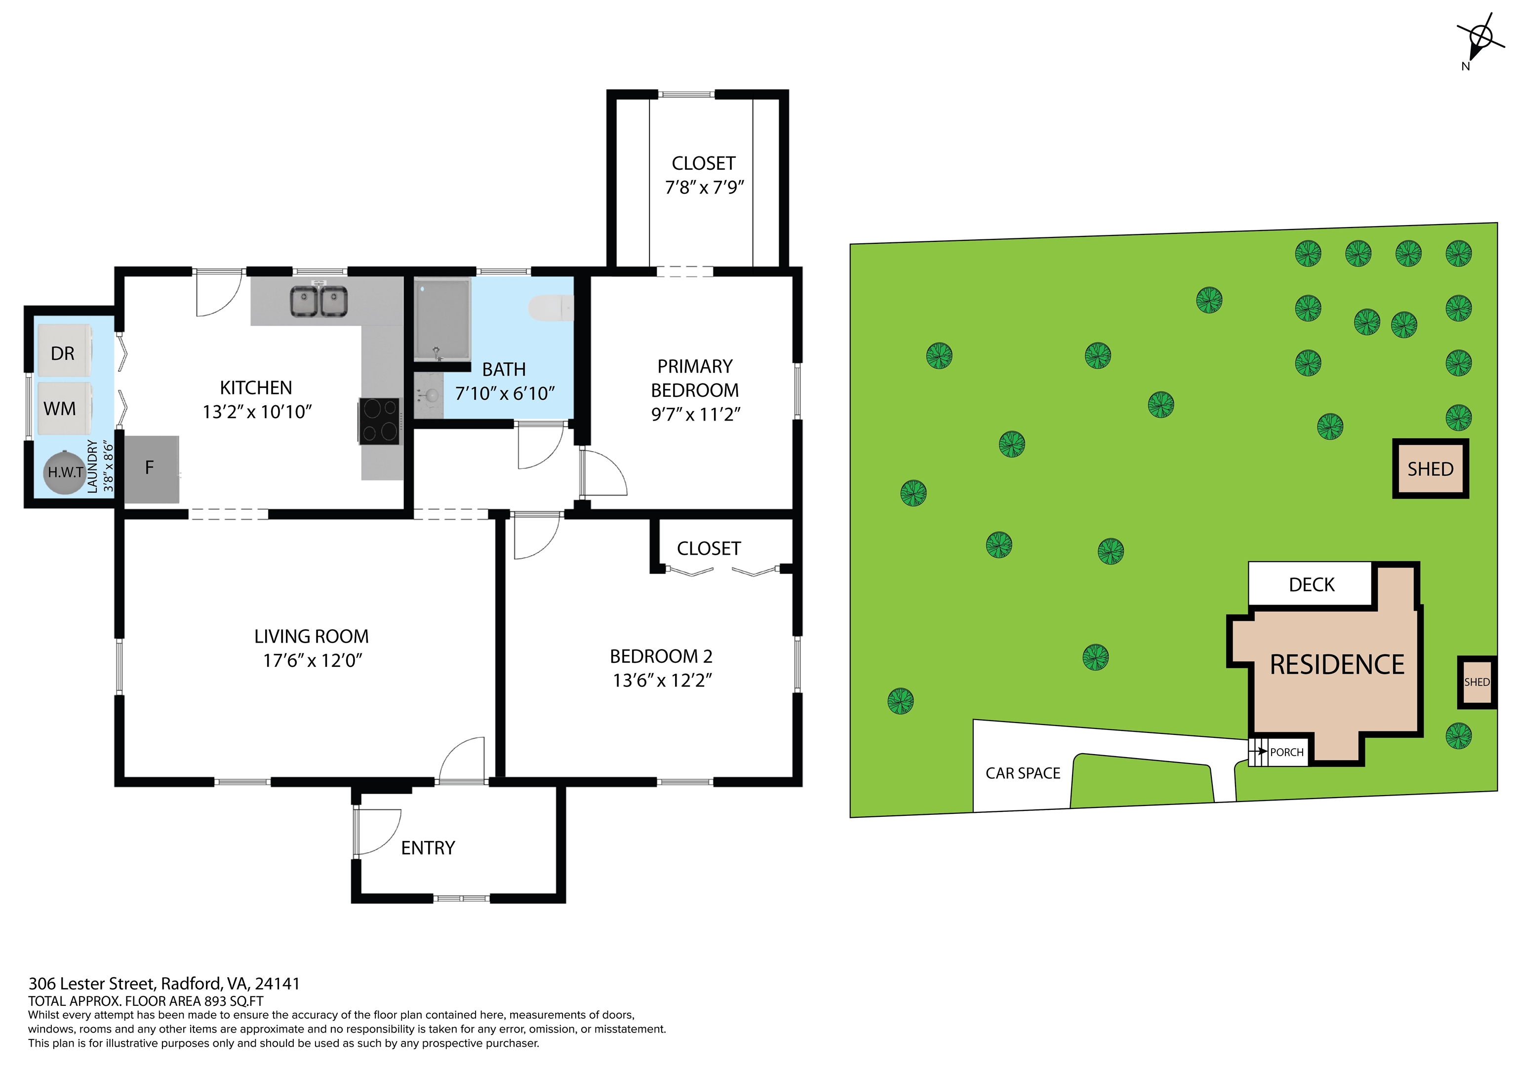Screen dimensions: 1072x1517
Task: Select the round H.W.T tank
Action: [65, 472]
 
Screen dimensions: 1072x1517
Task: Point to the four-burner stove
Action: [380, 420]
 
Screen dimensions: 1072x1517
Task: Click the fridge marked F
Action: [151, 468]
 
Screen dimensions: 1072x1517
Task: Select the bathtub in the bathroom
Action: [442, 319]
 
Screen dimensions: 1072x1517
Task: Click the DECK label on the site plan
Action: [1312, 584]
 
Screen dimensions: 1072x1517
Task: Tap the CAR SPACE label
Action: [1022, 773]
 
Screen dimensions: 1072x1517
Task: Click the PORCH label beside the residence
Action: [1286, 752]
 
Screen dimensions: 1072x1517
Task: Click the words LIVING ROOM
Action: [311, 636]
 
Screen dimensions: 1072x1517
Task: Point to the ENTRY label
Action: [428, 847]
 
